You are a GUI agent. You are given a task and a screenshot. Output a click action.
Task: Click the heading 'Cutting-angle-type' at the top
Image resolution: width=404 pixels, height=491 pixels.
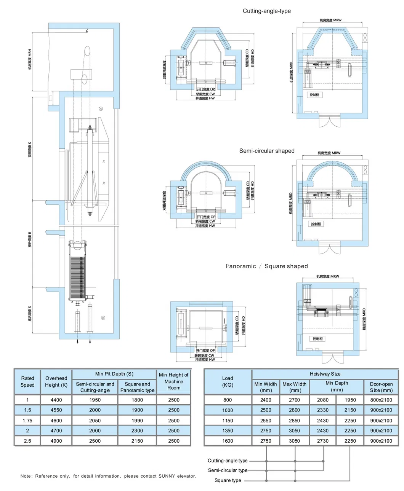click(266, 11)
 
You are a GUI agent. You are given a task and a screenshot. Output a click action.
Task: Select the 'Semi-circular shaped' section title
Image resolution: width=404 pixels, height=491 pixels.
click(267, 151)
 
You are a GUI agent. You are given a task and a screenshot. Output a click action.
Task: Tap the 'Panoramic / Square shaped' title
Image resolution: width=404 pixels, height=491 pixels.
click(266, 266)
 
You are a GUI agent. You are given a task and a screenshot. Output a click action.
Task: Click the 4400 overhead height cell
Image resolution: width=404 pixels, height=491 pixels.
click(56, 400)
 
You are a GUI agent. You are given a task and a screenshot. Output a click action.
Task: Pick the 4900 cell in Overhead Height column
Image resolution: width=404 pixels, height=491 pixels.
click(56, 441)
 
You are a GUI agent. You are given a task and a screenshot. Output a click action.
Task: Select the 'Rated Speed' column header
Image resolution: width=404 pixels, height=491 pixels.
click(27, 381)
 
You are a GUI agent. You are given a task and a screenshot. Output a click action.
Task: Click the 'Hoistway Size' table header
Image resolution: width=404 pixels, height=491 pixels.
click(325, 374)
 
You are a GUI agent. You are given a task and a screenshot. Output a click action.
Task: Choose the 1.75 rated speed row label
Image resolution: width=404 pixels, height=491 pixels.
click(27, 421)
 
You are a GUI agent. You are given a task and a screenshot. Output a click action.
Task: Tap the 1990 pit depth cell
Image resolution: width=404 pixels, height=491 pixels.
click(137, 421)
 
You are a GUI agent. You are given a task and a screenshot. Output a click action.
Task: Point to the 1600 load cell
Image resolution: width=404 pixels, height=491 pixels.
click(228, 441)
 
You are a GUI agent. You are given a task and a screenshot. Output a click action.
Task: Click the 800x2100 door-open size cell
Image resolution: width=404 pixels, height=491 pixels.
click(381, 400)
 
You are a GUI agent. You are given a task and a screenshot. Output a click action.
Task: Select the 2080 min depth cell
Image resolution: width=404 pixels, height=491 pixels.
click(322, 400)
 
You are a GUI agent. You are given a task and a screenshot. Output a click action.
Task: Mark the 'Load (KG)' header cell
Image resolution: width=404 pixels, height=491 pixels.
click(228, 381)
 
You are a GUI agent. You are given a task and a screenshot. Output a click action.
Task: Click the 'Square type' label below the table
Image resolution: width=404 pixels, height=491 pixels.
click(228, 480)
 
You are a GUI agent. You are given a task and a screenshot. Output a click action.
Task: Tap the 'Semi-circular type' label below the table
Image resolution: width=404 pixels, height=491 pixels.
click(228, 470)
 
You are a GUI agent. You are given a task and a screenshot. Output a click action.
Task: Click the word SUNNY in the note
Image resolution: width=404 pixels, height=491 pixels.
click(167, 476)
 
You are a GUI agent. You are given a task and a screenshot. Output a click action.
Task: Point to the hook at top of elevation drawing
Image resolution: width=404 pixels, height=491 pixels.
click(87, 31)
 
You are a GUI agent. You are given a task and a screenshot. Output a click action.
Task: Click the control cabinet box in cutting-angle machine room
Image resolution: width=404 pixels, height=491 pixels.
click(315, 95)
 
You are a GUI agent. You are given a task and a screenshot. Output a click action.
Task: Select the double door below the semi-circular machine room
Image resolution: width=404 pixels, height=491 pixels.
click(329, 249)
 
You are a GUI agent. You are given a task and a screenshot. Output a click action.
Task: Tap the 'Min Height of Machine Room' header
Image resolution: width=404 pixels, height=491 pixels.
click(173, 381)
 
